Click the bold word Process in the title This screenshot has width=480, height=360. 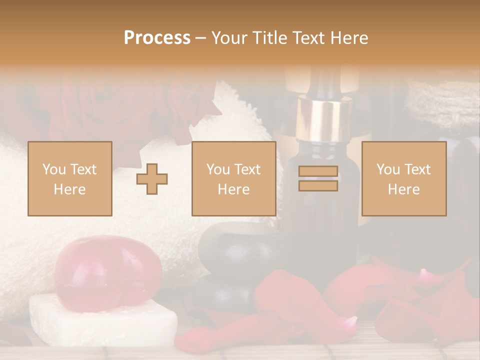[157, 38]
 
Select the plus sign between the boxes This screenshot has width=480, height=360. [152, 179]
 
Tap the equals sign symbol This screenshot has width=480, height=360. [318, 178]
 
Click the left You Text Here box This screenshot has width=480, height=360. [70, 178]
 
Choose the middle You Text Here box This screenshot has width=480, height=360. [233, 178]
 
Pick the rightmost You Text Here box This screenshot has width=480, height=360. [403, 178]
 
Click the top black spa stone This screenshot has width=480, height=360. [232, 247]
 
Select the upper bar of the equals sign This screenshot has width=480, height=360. [318, 171]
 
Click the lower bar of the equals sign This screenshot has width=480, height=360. [318, 185]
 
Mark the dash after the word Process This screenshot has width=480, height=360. [201, 38]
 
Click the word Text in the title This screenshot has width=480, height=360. [308, 38]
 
